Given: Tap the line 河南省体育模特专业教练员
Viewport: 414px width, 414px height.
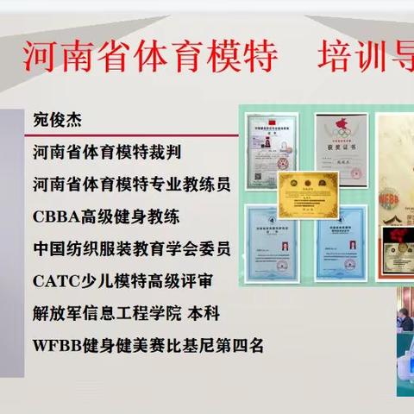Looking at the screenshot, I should coord(131,185).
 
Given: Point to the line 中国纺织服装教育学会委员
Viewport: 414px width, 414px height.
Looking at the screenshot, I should coord(131,248).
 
